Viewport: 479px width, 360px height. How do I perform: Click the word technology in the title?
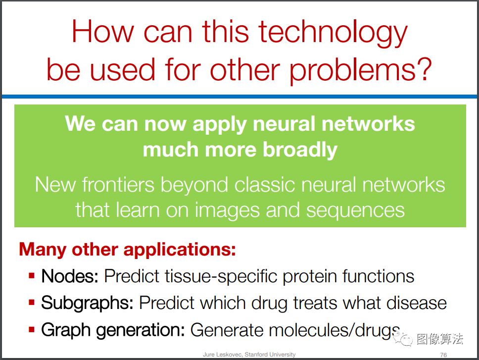333,33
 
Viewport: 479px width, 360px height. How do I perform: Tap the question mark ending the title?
424,69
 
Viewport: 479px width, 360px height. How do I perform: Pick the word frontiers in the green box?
118,185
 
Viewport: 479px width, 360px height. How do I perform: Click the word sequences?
355,211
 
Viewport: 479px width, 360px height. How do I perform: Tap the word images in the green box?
228,211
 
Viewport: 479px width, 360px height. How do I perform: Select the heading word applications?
180,251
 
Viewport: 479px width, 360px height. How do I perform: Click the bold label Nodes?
70,276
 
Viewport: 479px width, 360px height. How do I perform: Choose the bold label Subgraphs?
87,304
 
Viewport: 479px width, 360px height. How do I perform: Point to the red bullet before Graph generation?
32,329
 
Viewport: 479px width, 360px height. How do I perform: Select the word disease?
416,303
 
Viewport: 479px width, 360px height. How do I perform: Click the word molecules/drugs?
335,331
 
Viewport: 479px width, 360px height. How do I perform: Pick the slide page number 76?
443,355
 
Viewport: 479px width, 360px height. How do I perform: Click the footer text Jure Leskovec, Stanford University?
249,355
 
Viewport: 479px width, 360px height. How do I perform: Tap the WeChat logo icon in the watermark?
402,338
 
